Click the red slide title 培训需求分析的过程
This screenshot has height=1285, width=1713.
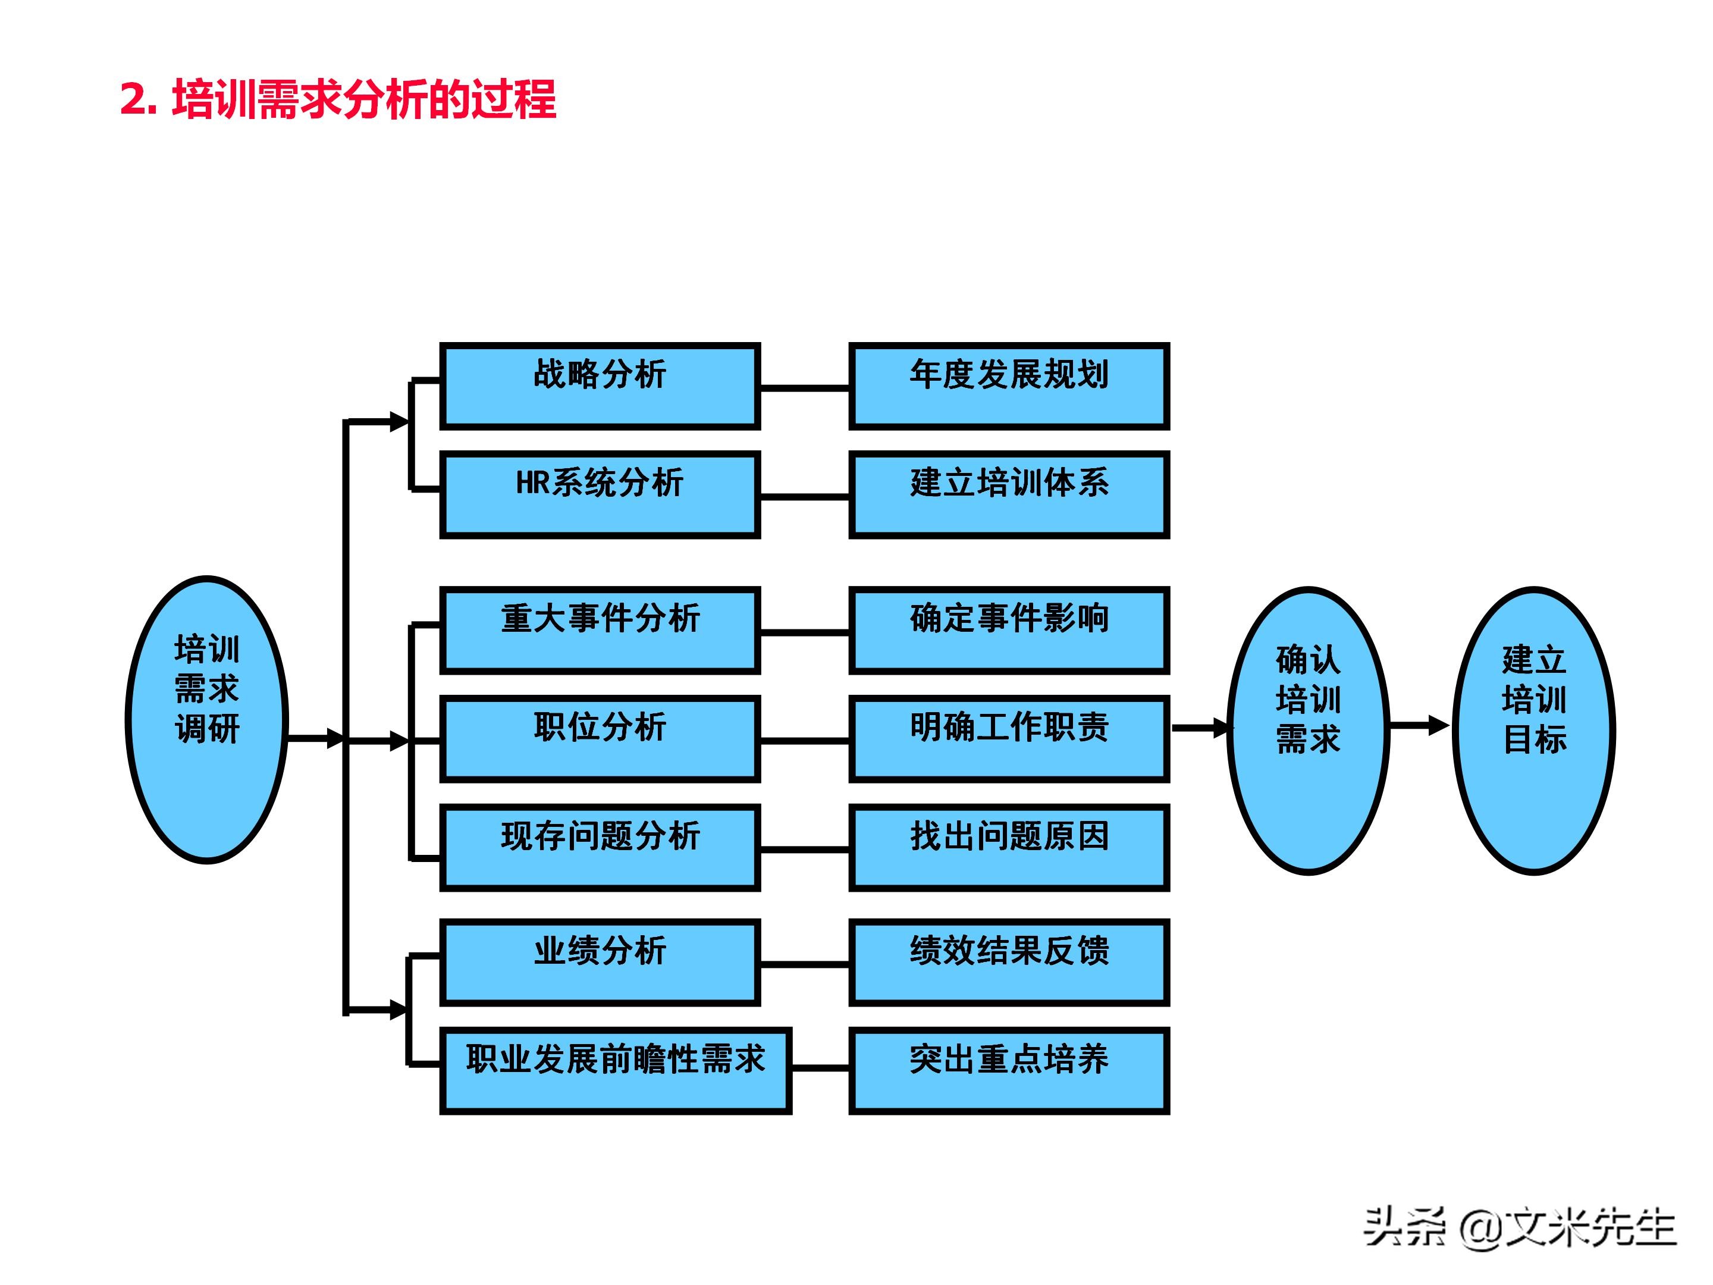tap(338, 99)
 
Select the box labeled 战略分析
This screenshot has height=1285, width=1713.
tap(600, 385)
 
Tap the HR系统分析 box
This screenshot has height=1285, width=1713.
tap(600, 494)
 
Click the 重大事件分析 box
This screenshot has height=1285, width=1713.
tap(600, 630)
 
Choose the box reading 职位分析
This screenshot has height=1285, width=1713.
tap(600, 738)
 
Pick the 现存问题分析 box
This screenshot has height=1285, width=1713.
tap(600, 847)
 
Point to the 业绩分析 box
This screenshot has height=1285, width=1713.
tap(600, 962)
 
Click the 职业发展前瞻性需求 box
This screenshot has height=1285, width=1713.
tap(615, 1070)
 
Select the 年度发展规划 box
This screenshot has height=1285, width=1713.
tap(1008, 385)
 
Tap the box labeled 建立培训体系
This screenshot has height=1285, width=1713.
tap(1008, 494)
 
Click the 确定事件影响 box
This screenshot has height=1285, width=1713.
tap(1008, 630)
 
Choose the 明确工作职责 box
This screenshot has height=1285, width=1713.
tap(1008, 738)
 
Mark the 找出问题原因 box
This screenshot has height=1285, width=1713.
tap(1008, 847)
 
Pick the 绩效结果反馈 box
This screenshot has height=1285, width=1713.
tap(1008, 962)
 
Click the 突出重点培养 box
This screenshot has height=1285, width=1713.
tap(1008, 1070)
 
